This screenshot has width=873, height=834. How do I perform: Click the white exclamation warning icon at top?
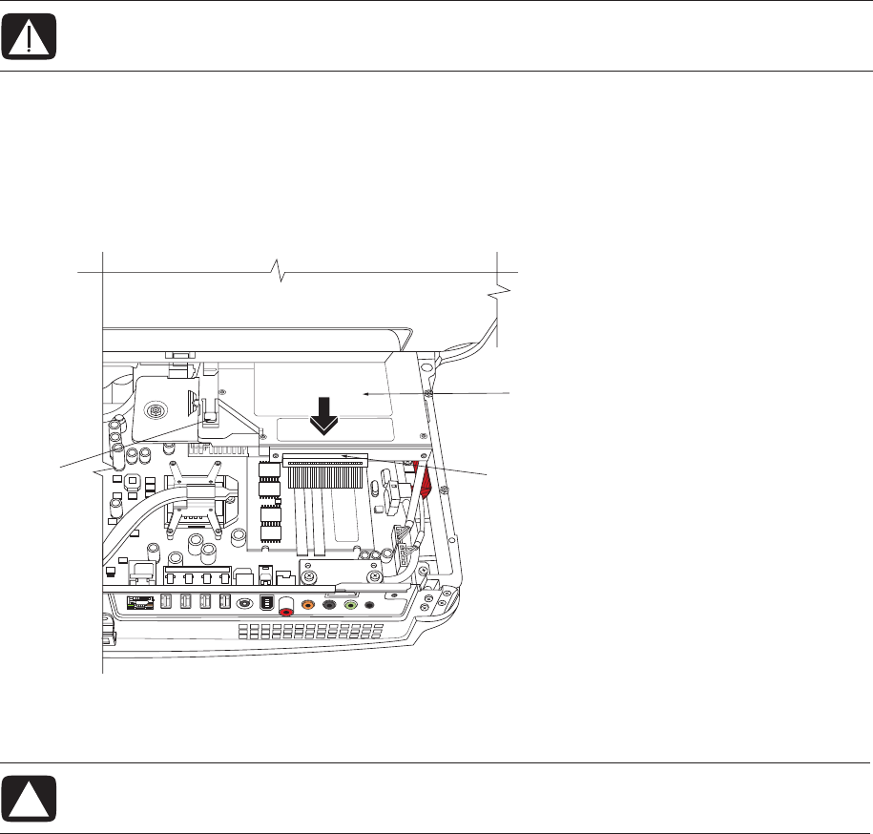[30, 35]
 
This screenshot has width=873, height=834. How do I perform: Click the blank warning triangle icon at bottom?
[30, 798]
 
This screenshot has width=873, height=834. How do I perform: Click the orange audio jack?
[308, 604]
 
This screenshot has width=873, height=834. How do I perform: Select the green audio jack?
[351, 604]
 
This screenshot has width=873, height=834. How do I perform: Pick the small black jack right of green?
[369, 604]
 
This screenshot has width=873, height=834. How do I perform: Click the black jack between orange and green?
[329, 604]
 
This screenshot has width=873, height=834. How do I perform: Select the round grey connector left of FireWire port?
[246, 604]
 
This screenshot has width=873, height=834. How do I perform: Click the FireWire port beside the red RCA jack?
[266, 604]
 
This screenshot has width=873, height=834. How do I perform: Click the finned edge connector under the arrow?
[324, 463]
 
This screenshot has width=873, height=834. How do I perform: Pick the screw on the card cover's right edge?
[431, 392]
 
